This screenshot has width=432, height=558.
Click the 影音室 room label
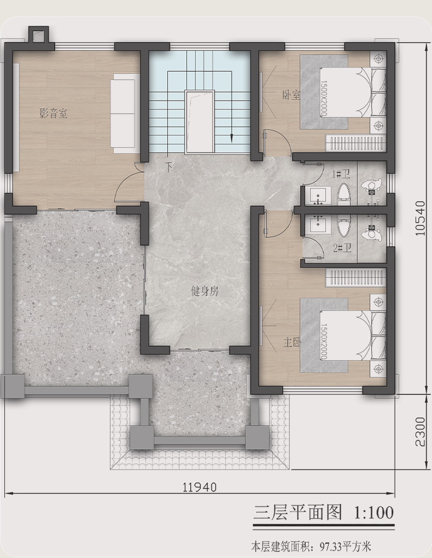click(54, 114)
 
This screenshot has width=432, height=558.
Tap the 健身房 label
click(205, 292)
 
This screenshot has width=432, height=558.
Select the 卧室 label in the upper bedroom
click(291, 95)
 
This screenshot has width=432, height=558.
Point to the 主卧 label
click(292, 342)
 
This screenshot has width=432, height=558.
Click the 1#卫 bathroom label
click(341, 174)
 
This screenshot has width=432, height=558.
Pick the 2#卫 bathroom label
click(342, 248)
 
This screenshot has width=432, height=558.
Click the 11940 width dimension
click(200, 486)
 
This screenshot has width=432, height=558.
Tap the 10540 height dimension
click(421, 218)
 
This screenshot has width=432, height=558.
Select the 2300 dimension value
click(421, 432)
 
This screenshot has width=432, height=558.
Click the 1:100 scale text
click(373, 513)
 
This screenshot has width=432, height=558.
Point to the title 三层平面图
click(297, 513)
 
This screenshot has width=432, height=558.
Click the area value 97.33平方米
click(346, 545)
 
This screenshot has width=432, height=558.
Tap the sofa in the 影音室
click(125, 113)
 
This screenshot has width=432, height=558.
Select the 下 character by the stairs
click(170, 166)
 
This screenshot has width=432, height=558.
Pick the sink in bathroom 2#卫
click(315, 224)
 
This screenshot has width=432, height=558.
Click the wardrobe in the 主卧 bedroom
click(356, 278)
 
